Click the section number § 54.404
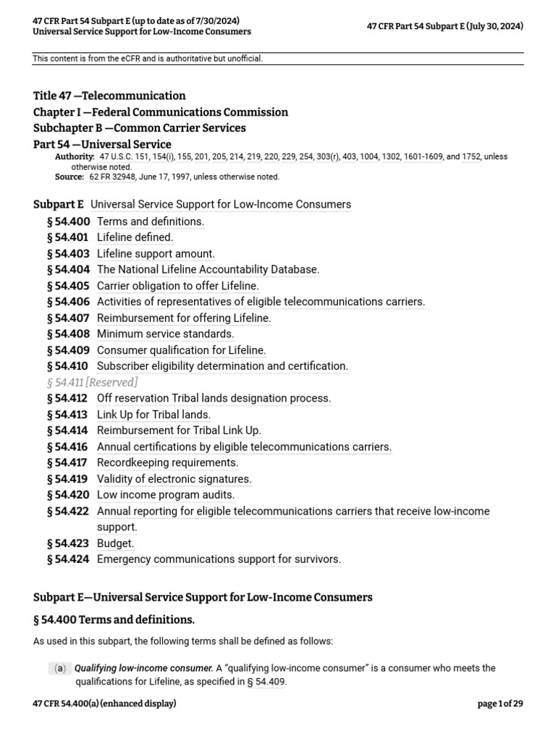pos(68,269)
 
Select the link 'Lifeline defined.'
pos(135,237)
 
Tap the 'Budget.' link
pos(116,543)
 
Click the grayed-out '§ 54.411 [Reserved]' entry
pos(92,382)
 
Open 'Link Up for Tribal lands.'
pos(153,415)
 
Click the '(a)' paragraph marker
pos(58,669)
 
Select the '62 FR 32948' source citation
pos(114,177)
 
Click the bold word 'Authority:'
pos(75,156)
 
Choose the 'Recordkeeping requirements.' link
pos(167,462)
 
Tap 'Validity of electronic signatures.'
pos(174,479)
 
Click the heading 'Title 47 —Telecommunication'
pos(109,96)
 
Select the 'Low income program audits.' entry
pos(166,495)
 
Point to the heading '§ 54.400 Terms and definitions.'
pos(114,620)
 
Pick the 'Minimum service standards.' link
pos(165,334)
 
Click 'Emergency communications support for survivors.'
pos(219,559)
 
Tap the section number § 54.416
pos(68,446)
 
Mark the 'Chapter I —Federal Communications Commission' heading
pos(161,112)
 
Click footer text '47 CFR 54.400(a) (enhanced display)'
pos(105,703)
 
